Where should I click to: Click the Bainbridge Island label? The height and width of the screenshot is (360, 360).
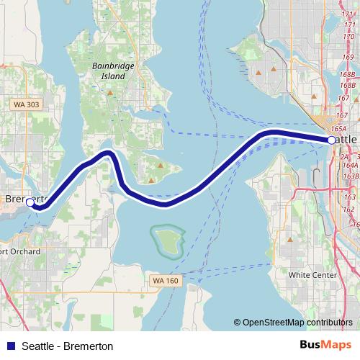click(108, 70)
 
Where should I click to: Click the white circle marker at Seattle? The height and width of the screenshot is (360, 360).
click(331, 140)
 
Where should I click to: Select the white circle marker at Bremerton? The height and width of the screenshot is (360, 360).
click(30, 204)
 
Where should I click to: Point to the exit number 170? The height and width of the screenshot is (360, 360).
click(349, 35)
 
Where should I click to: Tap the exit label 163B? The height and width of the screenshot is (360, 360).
click(350, 176)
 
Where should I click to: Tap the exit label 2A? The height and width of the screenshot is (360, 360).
click(344, 156)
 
